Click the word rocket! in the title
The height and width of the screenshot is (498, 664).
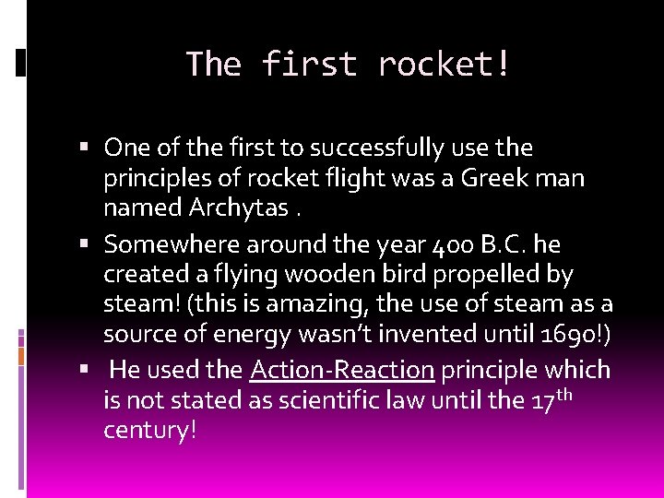[444, 65]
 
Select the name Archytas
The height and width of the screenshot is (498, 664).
[239, 207]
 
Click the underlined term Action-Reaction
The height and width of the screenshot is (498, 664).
[342, 370]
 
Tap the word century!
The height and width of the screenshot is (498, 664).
[150, 430]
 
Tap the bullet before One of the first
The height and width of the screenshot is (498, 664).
[84, 148]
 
